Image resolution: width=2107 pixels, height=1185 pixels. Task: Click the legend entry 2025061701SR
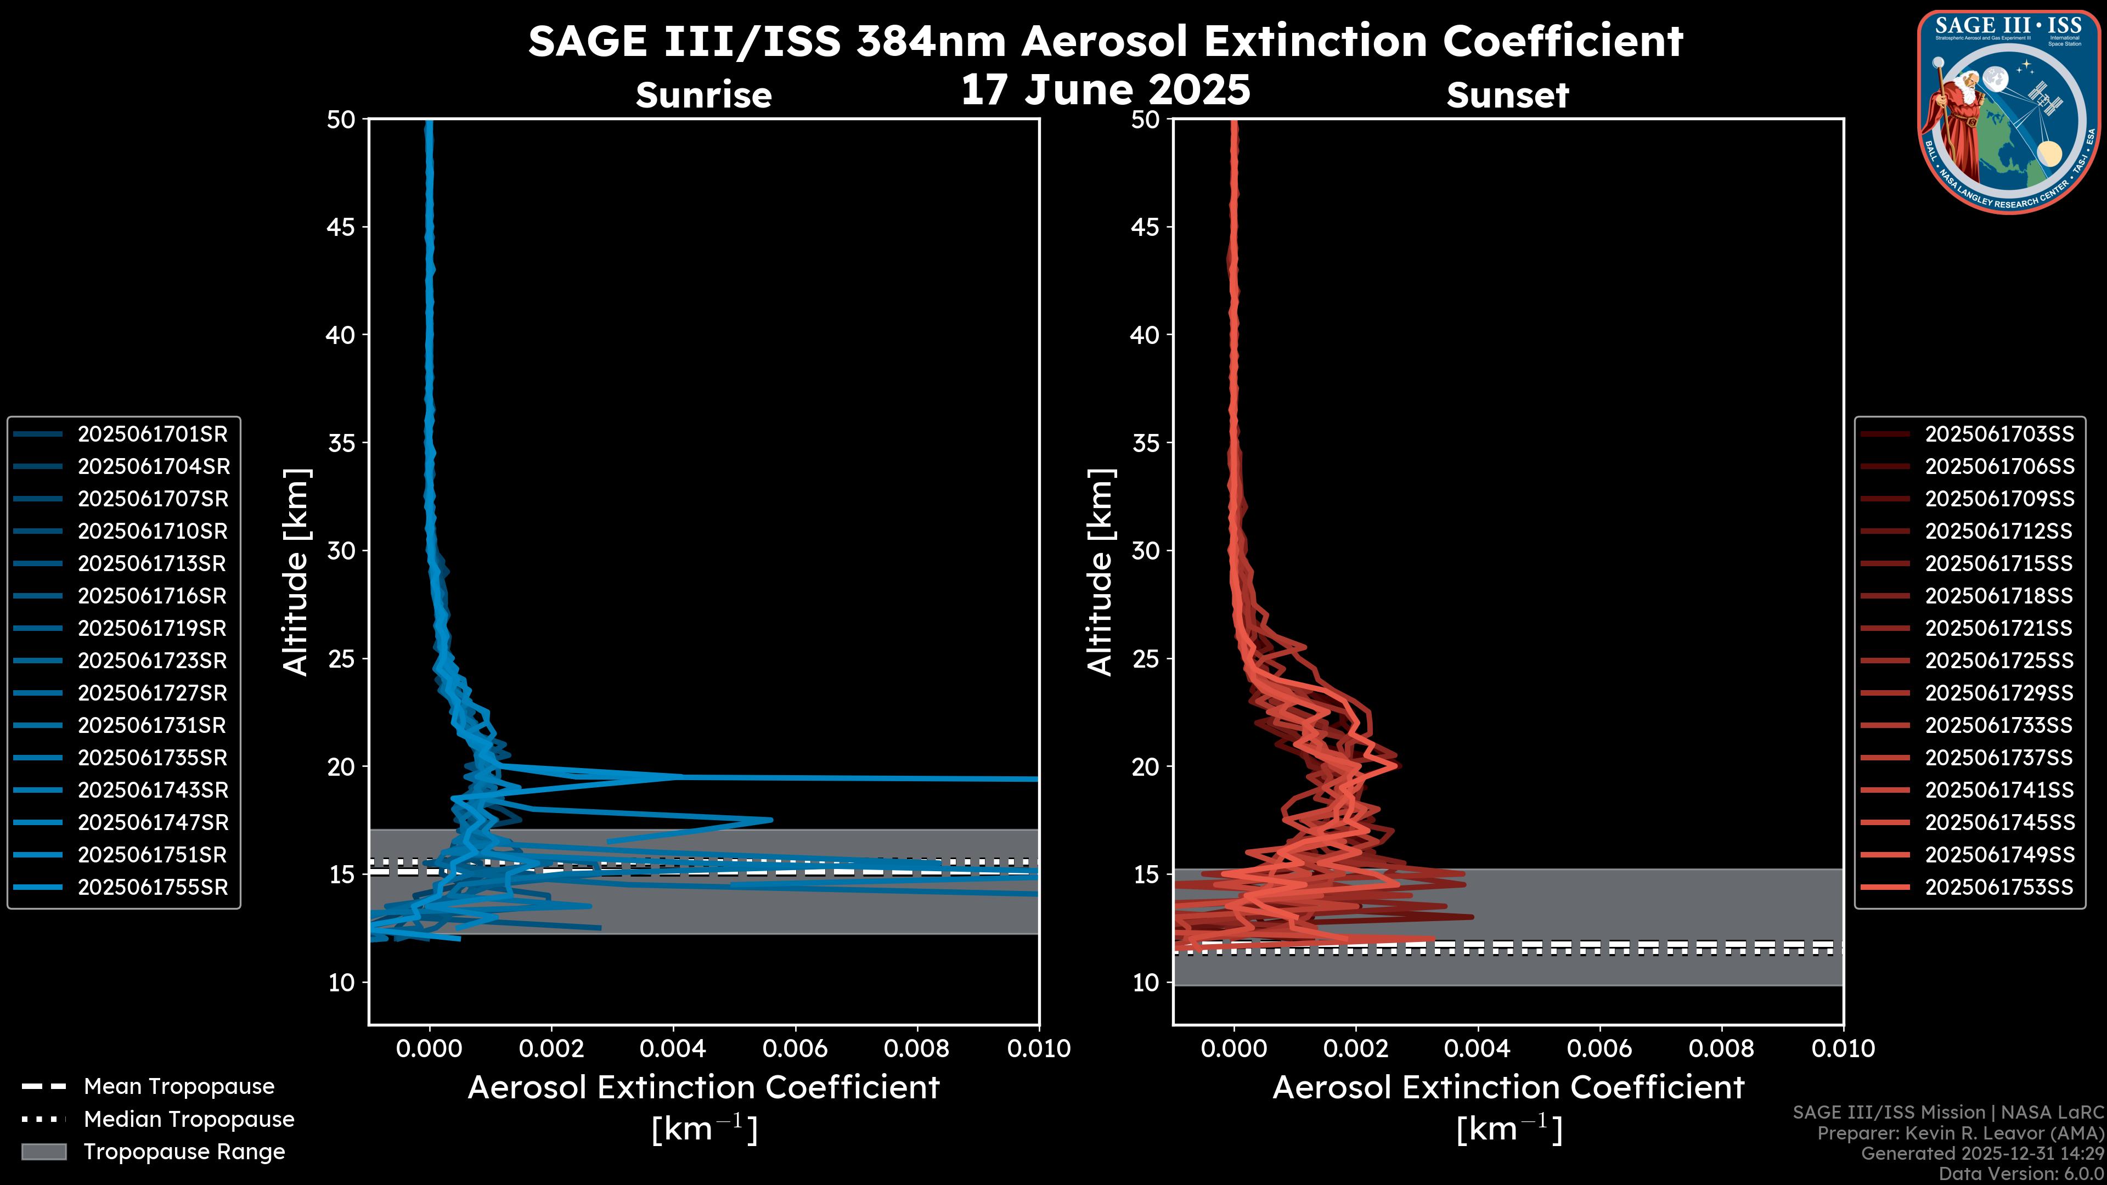pos(152,435)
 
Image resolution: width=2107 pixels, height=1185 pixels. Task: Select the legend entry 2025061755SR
pos(152,887)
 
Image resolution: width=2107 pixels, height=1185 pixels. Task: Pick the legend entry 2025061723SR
pos(152,661)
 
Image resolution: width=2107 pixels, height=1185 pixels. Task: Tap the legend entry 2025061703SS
pos(1999,435)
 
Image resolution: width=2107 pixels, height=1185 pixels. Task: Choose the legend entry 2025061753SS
pos(1999,887)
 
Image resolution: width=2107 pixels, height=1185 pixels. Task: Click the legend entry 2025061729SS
pos(1999,693)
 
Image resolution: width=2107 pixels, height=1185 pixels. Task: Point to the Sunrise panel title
pos(703,95)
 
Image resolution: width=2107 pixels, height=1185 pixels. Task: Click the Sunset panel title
pos(1507,95)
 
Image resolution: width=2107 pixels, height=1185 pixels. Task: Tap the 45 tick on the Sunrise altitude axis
pos(342,227)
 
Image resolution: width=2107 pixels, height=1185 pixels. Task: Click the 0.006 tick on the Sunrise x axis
pos(795,1048)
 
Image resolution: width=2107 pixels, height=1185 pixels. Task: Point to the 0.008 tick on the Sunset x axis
pos(1722,1048)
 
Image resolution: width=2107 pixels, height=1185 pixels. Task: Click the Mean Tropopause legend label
pos(179,1087)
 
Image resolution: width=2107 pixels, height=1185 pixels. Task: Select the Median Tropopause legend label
pos(189,1120)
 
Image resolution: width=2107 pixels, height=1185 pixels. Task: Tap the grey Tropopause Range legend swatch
pos(43,1152)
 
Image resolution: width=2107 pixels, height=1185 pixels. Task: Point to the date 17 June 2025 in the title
pos(1105,90)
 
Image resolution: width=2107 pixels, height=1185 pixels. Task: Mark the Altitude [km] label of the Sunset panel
pos(1100,572)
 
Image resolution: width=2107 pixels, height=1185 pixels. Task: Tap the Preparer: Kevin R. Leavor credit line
pos(1960,1133)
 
